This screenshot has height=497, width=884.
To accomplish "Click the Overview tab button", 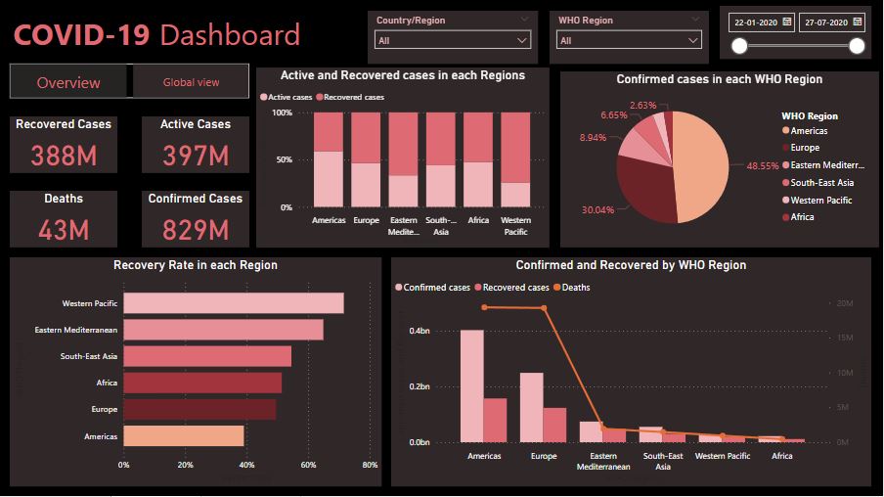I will [68, 83].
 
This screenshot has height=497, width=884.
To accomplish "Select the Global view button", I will [191, 82].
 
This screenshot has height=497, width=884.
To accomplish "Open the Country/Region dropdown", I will [453, 41].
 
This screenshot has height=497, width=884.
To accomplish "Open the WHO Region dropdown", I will [629, 41].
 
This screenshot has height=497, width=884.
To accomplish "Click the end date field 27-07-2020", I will [831, 22].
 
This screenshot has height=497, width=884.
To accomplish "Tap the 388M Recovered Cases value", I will [64, 155].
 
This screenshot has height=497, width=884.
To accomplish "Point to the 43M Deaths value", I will [64, 230].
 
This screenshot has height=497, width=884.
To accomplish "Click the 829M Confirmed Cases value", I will [195, 230].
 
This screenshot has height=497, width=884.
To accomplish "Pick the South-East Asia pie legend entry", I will [821, 183].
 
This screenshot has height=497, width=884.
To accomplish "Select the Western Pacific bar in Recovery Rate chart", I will [233, 303].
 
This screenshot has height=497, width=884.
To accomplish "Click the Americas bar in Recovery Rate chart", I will [183, 435].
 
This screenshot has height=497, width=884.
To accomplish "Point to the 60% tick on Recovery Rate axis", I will [308, 465].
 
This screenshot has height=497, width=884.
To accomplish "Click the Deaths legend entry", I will [575, 288].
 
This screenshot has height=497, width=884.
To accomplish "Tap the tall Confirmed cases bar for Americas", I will [471, 386].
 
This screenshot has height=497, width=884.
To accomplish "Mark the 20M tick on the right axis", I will [844, 304].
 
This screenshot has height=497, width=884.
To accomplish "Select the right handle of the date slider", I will [857, 46].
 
